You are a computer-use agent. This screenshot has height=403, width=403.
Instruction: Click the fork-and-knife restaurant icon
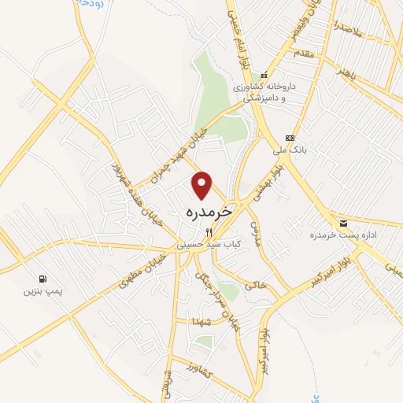click(x=209, y=232)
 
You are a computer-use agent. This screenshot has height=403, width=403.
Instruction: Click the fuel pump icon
click(x=41, y=278)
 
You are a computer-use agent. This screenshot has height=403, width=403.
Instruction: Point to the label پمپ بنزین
click(x=41, y=291)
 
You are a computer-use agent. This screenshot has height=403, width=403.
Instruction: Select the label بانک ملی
click(x=289, y=148)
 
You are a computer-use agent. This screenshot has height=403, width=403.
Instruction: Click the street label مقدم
click(x=303, y=54)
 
